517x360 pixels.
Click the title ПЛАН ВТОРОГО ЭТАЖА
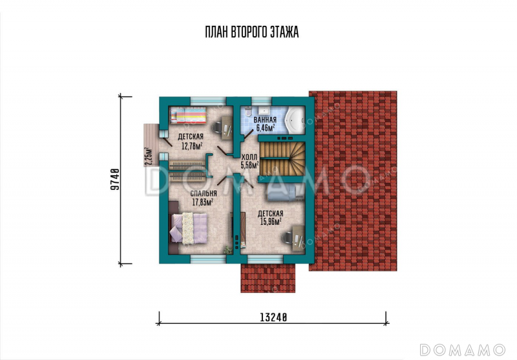point(252,32)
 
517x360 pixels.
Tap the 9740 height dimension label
point(114,180)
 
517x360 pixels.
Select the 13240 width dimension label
point(273,317)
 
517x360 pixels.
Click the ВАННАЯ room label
point(265,120)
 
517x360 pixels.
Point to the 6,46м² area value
point(266,127)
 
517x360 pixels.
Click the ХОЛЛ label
point(249,157)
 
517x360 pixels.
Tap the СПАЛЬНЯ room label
point(204,193)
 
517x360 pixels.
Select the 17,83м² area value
point(202,202)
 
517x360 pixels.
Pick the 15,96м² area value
point(271,221)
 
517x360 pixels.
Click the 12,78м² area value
point(192,145)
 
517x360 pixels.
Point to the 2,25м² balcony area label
point(149,156)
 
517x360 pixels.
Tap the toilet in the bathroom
point(248,111)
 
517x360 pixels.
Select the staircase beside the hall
point(282,159)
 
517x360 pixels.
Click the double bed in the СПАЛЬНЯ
point(188,228)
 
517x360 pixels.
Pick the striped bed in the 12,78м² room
point(188,116)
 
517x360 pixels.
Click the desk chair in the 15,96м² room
point(287,237)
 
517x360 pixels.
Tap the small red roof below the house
point(268,278)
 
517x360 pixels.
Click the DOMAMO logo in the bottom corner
point(462,350)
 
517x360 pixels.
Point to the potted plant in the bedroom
point(228,250)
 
